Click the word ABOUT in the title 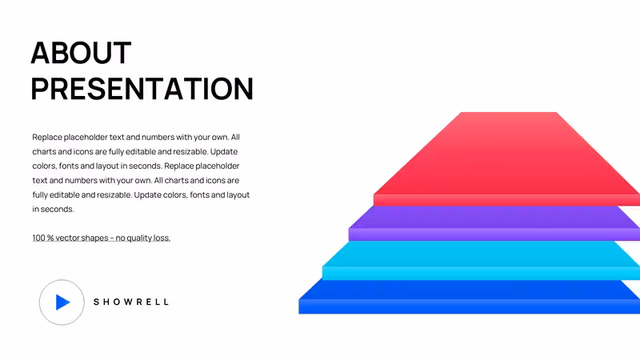(81, 53)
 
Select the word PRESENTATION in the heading (142, 89)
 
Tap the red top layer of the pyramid (506, 159)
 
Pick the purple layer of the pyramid (494, 223)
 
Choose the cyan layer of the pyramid (482, 260)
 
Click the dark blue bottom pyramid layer (470, 297)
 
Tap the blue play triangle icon (63, 302)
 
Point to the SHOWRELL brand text (131, 302)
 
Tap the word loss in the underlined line (162, 238)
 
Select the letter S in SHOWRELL (96, 302)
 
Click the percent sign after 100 (50, 238)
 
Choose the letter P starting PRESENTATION (40, 89)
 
